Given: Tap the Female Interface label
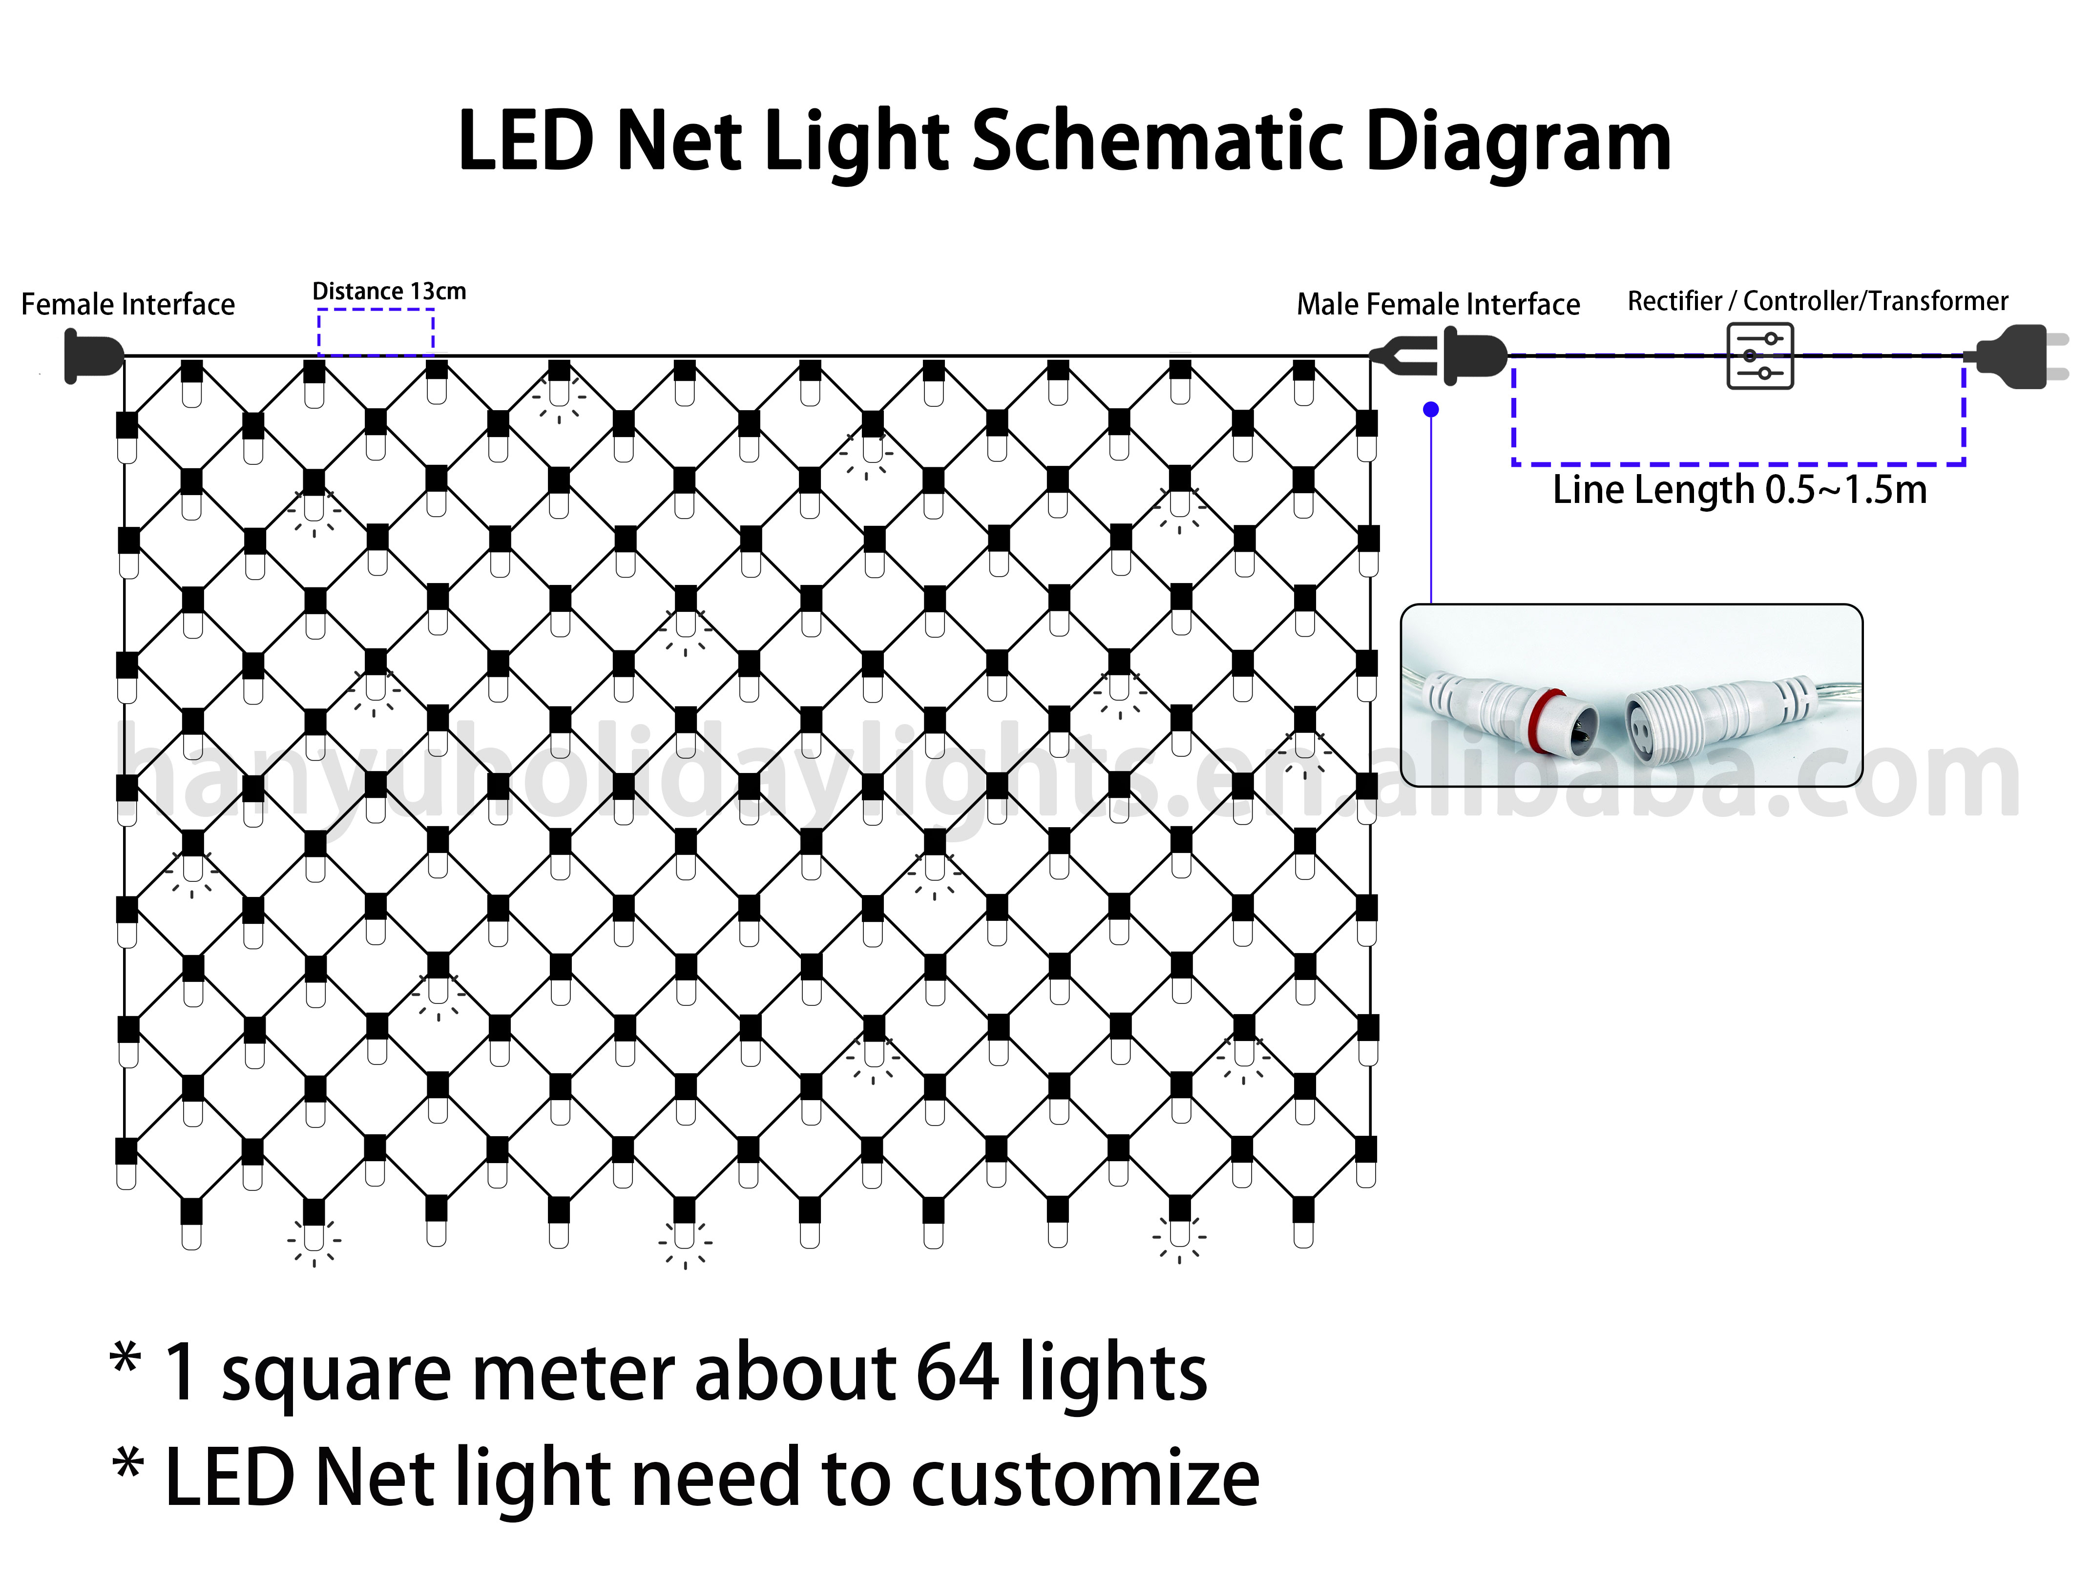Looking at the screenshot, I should tap(127, 305).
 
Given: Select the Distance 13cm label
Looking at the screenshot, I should tap(389, 292).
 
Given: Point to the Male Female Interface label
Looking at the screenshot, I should tap(1438, 305).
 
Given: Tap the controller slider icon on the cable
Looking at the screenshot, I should tap(1759, 356).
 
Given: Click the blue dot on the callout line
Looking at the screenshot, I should tap(1431, 410).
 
